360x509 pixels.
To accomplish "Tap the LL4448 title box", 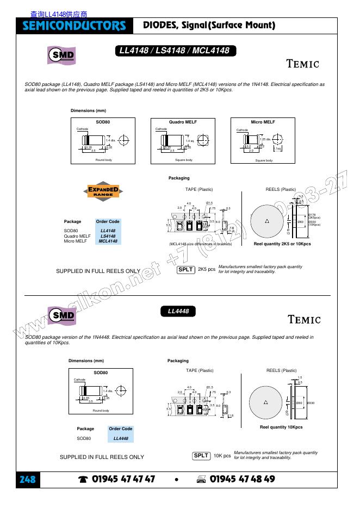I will [178, 312].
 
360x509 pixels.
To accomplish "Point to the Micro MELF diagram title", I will [263, 122].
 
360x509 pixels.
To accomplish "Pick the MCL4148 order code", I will [108, 241].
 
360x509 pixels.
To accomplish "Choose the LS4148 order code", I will [108, 236].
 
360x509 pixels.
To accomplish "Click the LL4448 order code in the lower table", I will [121, 438].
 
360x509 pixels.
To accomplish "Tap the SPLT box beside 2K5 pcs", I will [186, 269].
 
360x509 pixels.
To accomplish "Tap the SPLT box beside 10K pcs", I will [201, 455].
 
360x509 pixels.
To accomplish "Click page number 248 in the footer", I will [27, 479].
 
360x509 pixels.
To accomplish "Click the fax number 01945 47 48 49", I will [242, 479].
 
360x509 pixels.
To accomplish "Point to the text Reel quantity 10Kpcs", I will [281, 427].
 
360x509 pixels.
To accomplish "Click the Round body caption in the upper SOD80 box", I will [103, 160].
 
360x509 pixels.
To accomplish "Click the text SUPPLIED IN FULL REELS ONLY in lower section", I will [102, 457].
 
